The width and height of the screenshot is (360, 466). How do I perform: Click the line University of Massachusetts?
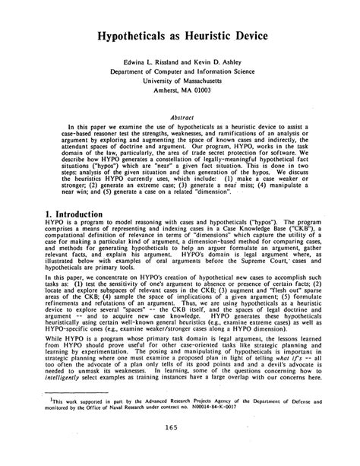(x=181, y=88)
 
